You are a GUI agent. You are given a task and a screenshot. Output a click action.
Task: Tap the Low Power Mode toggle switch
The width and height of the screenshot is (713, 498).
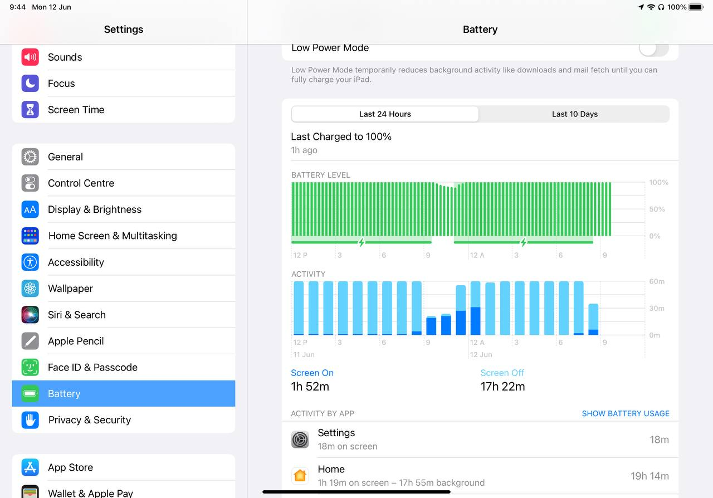pyautogui.click(x=653, y=48)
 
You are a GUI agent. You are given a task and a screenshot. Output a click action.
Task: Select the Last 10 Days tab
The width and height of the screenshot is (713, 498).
pyautogui.click(x=574, y=114)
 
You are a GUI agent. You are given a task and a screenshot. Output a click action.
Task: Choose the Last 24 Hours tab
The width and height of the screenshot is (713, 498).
pyautogui.click(x=385, y=114)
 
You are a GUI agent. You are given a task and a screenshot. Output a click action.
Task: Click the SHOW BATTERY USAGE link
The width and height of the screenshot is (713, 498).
pyautogui.click(x=625, y=413)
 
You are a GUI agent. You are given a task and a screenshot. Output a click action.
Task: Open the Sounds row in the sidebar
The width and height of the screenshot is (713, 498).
pyautogui.click(x=65, y=57)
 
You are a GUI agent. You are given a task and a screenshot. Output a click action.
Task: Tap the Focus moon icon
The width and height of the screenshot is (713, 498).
pyautogui.click(x=30, y=84)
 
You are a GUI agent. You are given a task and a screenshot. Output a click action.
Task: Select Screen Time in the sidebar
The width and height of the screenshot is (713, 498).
pyautogui.click(x=76, y=110)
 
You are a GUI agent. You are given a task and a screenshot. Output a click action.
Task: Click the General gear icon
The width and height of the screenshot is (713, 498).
pyautogui.click(x=30, y=157)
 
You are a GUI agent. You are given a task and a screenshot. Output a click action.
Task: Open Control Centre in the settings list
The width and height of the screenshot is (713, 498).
pyautogui.click(x=81, y=183)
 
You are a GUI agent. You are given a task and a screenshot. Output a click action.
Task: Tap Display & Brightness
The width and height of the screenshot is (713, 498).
pyautogui.click(x=95, y=209)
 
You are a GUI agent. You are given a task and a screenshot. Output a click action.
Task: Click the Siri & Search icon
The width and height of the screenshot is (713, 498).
pyautogui.click(x=30, y=315)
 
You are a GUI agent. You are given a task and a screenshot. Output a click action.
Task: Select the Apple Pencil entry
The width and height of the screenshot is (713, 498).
pyautogui.click(x=76, y=341)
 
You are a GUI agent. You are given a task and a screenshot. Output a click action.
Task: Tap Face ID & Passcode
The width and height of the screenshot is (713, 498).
pyautogui.click(x=92, y=368)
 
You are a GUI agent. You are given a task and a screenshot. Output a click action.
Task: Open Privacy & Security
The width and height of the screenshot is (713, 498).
pyautogui.click(x=89, y=420)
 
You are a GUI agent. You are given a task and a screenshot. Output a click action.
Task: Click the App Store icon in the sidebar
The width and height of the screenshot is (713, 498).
pyautogui.click(x=30, y=467)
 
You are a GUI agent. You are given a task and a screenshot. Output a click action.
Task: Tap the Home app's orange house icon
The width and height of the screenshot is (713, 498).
pyautogui.click(x=300, y=476)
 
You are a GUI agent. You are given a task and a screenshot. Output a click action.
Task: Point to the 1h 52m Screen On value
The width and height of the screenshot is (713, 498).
pyautogui.click(x=310, y=387)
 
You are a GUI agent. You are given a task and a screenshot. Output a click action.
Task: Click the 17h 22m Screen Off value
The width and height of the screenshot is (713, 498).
pyautogui.click(x=502, y=387)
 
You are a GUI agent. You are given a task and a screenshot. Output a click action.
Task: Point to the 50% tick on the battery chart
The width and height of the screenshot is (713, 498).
pyautogui.click(x=657, y=209)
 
